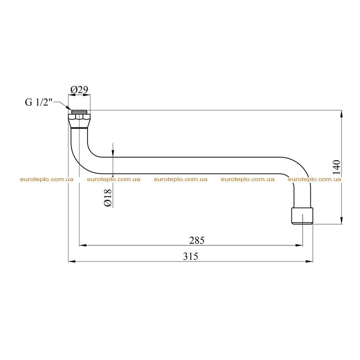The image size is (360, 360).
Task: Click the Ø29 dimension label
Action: pos(79,90)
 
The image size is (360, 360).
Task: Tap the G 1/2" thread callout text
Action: pos(39,102)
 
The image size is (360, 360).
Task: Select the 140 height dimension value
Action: pos(336,167)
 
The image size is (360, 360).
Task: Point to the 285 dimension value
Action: pos(197,240)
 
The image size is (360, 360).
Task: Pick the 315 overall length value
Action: pos(191,256)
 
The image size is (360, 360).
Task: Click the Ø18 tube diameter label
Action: pos(108,198)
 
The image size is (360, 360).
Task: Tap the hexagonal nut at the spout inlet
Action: pos(79,117)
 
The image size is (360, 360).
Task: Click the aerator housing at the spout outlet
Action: pos(302,216)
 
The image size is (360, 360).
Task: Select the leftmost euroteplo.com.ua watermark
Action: pos(47,179)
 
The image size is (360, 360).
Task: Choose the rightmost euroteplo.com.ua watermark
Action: pos(314,179)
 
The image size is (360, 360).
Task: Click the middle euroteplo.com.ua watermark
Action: pos(180,179)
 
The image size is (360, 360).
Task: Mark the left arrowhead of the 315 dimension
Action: pos(72,261)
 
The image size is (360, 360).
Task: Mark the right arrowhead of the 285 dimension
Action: pos(299,245)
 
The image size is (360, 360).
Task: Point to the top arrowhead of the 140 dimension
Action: pos(341,114)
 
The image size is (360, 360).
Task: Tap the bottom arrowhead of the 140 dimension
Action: pos(341,220)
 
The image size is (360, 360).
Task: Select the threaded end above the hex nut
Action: pos(79,112)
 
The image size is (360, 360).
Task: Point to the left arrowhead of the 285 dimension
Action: pos(83,245)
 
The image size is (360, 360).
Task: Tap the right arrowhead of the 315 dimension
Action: pos(309,261)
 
